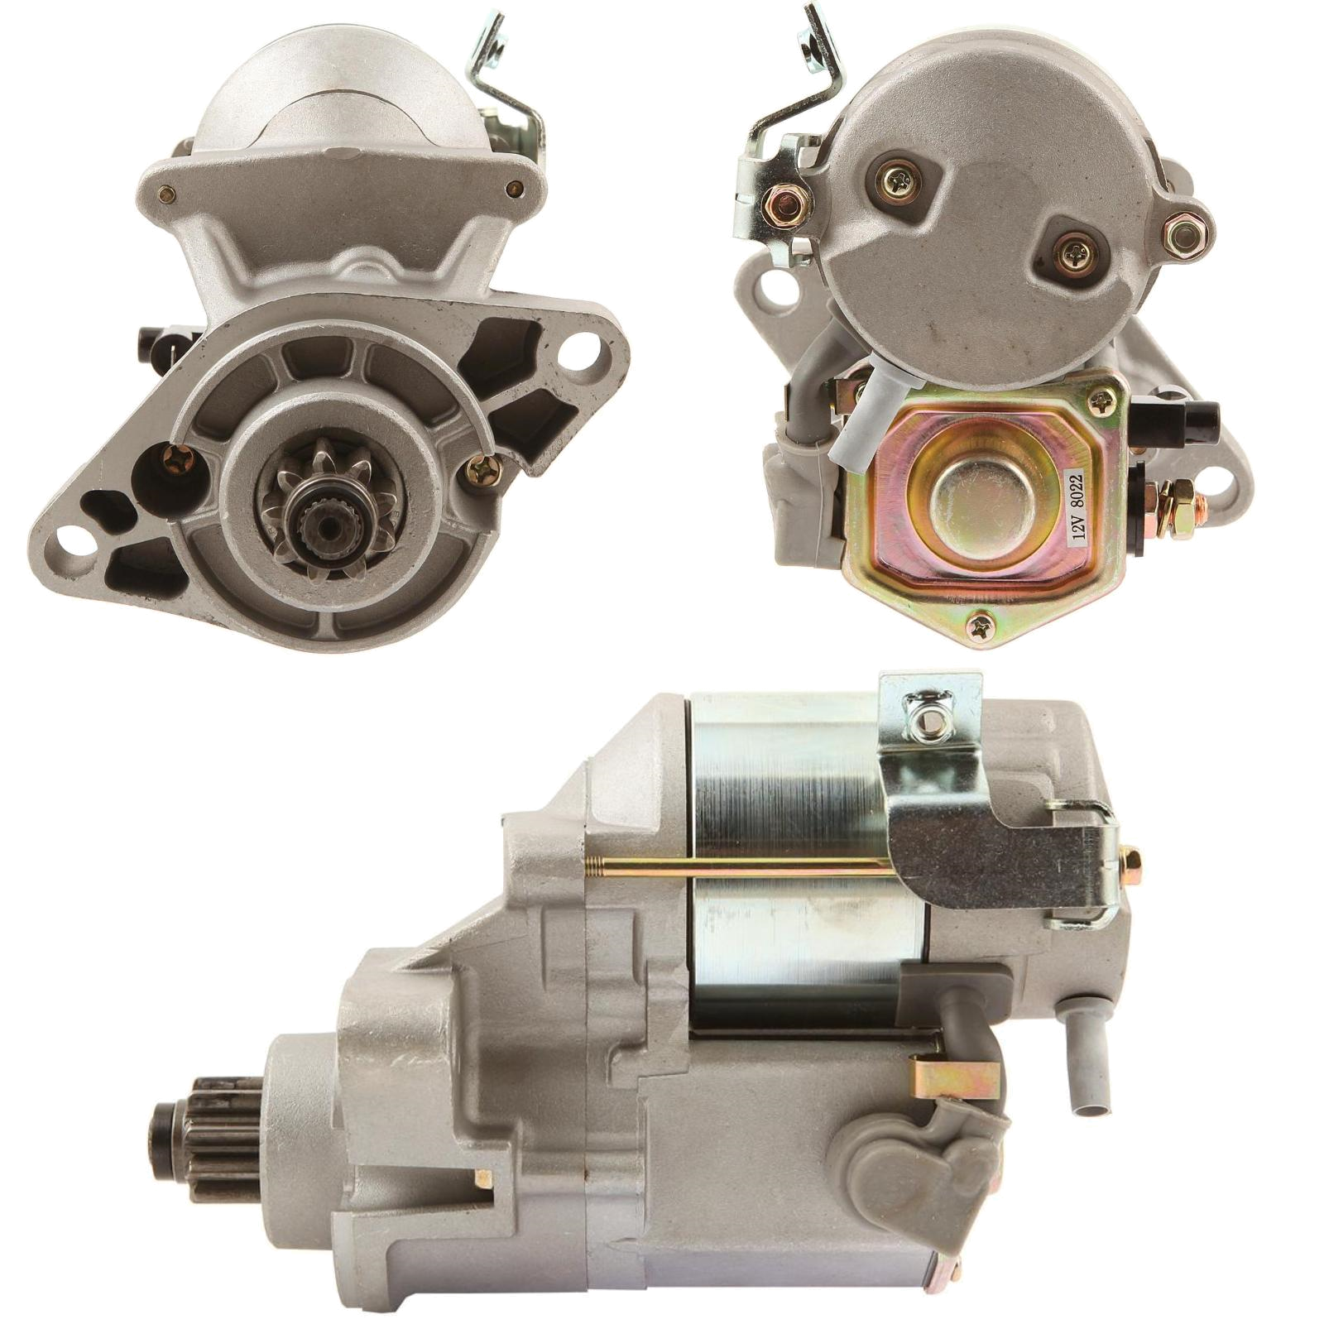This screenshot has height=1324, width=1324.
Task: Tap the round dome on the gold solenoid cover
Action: coord(973,506)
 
